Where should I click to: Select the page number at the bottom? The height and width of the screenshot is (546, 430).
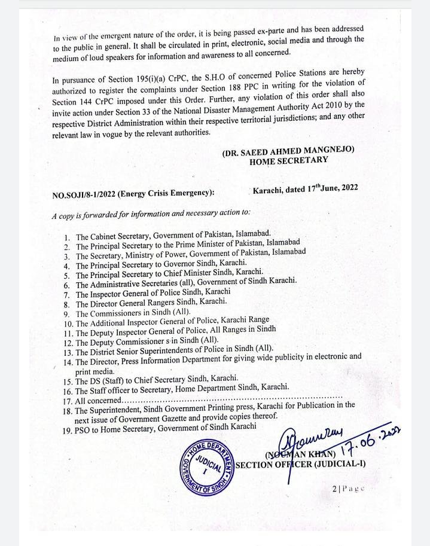(348, 489)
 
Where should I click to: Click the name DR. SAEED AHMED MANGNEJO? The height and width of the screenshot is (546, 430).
(288, 151)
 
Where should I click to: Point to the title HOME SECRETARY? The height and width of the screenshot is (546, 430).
(288, 161)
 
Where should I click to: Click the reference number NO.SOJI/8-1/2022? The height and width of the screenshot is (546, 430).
(84, 193)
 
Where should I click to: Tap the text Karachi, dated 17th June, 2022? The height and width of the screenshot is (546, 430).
(305, 188)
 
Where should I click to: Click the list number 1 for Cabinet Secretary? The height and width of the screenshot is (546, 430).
(67, 237)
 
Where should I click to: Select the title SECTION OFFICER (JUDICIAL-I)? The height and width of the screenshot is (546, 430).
(301, 465)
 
